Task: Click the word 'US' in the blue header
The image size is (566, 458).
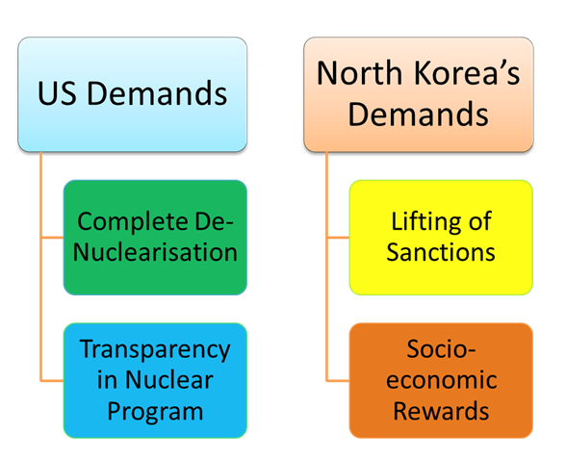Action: tap(57, 93)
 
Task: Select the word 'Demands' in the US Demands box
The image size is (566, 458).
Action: tap(158, 93)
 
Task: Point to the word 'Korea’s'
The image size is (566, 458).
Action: tap(467, 73)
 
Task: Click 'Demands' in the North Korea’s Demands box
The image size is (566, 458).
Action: tap(419, 114)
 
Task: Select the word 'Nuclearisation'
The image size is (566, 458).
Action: tap(155, 252)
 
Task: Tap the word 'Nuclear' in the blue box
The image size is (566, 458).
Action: tap(169, 380)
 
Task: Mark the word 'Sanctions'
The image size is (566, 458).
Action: tap(441, 252)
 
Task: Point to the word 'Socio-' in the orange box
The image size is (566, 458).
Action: tap(441, 349)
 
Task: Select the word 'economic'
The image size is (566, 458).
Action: tap(442, 380)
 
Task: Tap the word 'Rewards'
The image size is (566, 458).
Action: tap(441, 411)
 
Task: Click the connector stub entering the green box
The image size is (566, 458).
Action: tap(52, 238)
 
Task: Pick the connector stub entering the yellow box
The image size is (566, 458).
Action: tap(338, 238)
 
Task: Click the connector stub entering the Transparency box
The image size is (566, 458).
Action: tap(52, 380)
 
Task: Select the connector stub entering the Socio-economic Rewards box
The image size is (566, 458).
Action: tap(338, 380)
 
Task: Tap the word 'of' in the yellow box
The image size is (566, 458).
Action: tap(480, 221)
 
